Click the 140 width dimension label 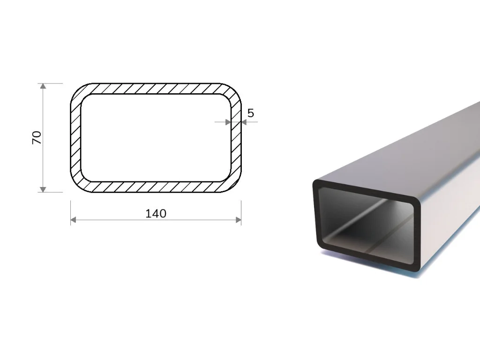156,213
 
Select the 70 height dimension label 37,137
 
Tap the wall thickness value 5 251,113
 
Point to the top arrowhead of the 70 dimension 43,86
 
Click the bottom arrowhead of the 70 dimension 43,189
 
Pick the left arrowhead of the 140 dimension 74,220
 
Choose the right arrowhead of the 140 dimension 238,220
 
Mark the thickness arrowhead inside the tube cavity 228,122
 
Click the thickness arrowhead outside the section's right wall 244,122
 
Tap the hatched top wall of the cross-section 156,89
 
